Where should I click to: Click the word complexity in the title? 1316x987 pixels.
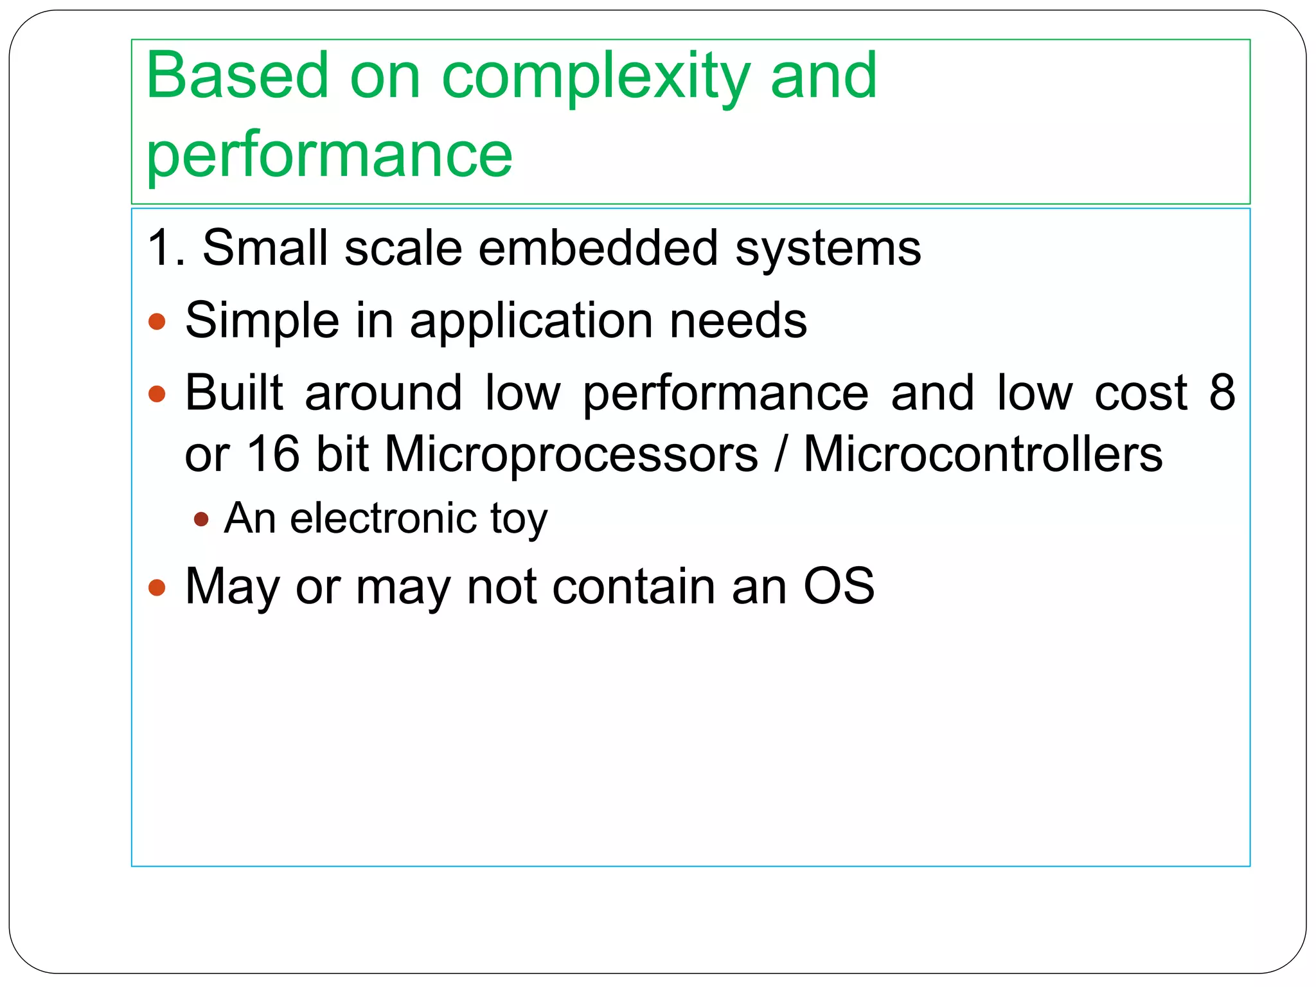tap(595, 77)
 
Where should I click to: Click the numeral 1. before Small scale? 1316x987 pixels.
tap(166, 247)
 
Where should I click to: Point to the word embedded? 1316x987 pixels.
tap(598, 247)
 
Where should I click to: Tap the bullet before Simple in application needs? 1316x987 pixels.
tap(157, 321)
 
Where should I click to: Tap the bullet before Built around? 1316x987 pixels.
tap(157, 393)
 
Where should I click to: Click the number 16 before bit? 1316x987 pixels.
tap(273, 454)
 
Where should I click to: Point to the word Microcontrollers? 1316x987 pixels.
tap(983, 454)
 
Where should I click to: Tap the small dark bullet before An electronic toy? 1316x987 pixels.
tap(201, 519)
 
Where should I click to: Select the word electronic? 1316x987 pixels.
tap(383, 518)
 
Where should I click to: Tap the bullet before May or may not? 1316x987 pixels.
tap(157, 587)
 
